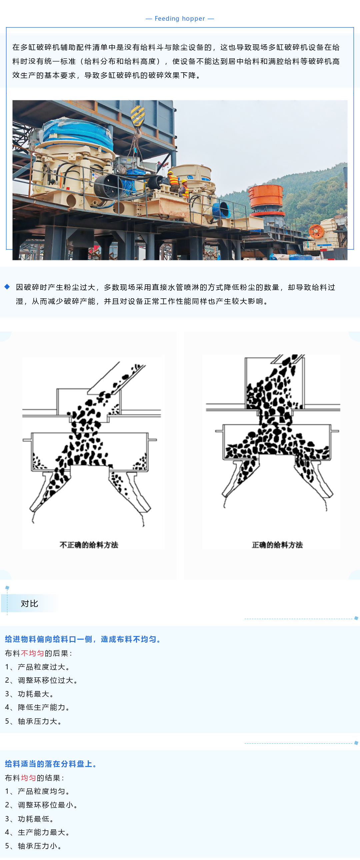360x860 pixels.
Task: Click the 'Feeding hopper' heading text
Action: [180, 19]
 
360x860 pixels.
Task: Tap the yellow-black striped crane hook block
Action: [137, 116]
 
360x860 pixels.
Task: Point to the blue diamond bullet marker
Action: [7, 287]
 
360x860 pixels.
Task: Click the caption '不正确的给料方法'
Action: [89, 545]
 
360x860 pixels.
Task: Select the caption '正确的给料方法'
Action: [277, 545]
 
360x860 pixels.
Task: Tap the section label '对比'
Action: [29, 603]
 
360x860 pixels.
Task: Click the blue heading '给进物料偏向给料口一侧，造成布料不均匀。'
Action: [83, 639]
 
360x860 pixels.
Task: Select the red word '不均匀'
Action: [32, 653]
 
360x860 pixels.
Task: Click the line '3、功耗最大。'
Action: [29, 694]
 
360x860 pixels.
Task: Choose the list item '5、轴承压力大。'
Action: [33, 721]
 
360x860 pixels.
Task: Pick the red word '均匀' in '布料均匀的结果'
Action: [28, 778]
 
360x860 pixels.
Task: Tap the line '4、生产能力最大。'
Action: [37, 832]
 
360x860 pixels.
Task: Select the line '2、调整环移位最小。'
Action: [41, 805]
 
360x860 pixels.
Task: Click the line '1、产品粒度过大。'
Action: [37, 667]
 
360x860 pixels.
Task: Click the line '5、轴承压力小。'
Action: [33, 846]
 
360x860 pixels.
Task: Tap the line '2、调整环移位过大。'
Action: [41, 680]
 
